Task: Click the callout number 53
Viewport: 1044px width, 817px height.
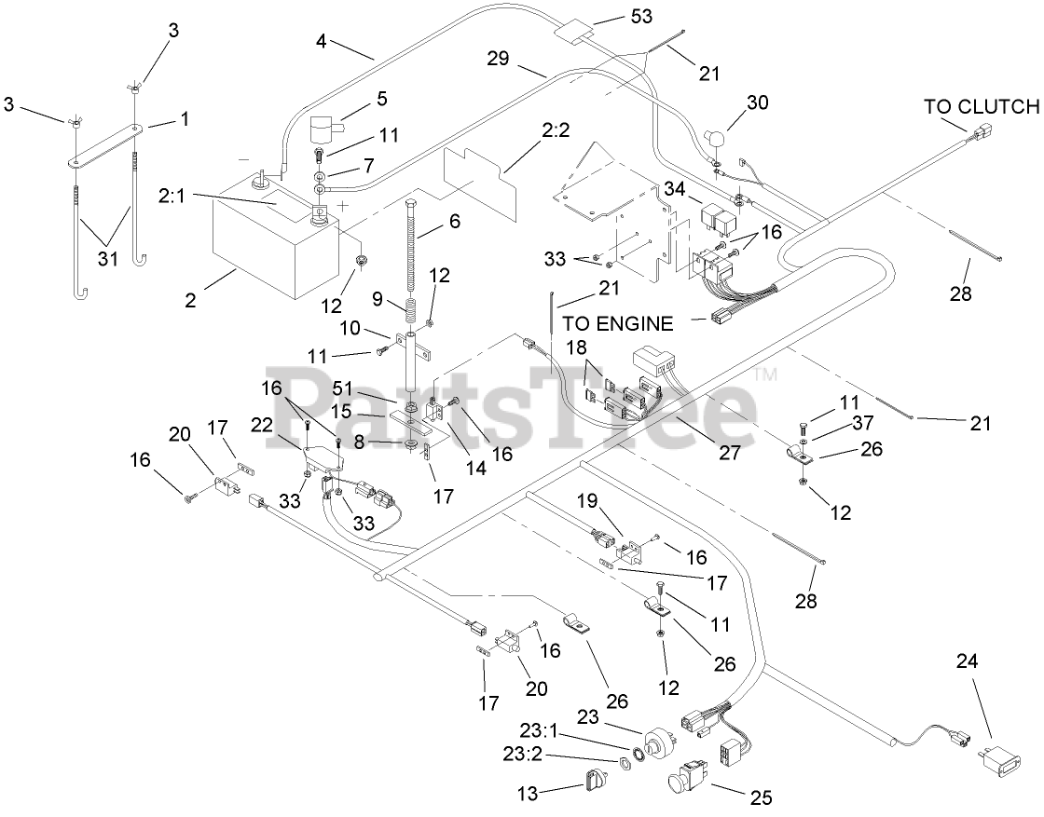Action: point(640,16)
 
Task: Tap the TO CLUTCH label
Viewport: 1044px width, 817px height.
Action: point(981,106)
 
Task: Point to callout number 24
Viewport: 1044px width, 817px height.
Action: point(968,661)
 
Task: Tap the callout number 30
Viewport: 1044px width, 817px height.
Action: point(757,102)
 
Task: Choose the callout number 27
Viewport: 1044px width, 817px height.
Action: point(728,453)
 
